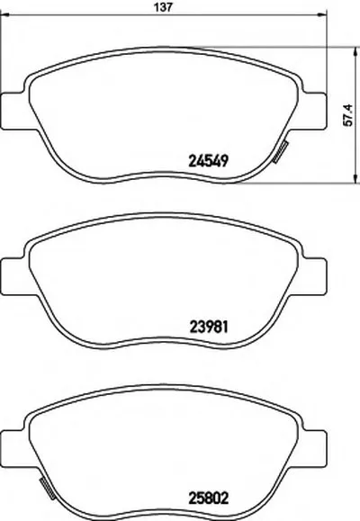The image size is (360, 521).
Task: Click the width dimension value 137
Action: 164,7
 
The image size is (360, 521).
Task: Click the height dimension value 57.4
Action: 347,114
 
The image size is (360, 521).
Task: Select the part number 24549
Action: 209,161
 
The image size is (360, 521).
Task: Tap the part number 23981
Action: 209,327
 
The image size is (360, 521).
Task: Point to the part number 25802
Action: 209,499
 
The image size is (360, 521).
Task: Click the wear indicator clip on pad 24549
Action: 281,152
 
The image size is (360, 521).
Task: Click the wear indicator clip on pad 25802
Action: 47,490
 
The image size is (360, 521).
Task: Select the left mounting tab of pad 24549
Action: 13,111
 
